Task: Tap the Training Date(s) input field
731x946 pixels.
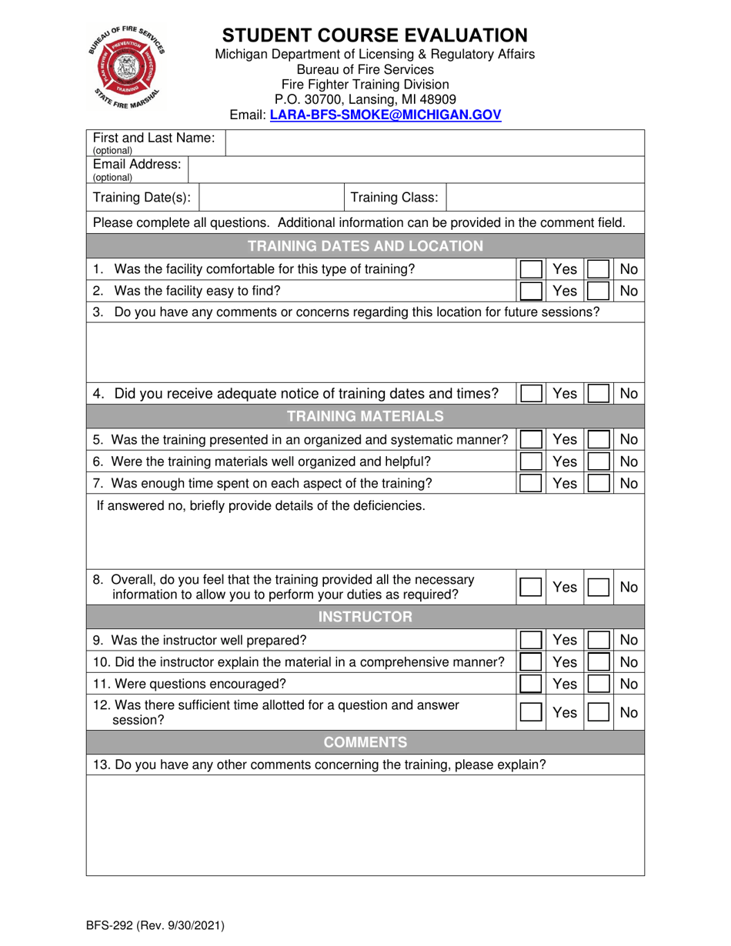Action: [271, 198]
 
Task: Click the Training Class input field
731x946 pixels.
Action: [545, 198]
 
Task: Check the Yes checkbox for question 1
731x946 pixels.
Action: [530, 269]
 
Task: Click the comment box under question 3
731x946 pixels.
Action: [365, 350]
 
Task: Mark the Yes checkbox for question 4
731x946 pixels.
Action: [530, 394]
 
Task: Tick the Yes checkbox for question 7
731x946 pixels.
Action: [530, 483]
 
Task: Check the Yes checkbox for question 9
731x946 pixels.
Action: [530, 640]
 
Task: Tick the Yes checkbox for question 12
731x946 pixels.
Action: [530, 713]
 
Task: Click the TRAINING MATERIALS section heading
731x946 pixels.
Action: [365, 417]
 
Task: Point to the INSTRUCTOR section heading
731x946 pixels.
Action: [365, 617]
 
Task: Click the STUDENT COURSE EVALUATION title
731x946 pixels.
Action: [375, 35]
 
